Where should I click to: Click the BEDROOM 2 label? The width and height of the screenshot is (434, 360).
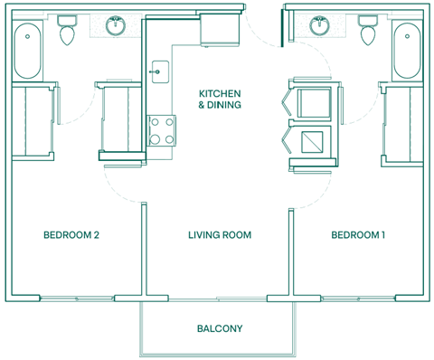[x=71, y=235]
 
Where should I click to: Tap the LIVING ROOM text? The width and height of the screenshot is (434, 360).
[x=219, y=235]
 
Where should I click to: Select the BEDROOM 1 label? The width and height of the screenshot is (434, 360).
[x=358, y=235]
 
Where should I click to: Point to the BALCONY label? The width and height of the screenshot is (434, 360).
[x=220, y=328]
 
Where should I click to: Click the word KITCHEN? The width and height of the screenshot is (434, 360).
[x=220, y=93]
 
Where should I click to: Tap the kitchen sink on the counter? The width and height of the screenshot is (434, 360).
[x=160, y=69]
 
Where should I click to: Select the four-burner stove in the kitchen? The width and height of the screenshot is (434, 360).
[x=161, y=130]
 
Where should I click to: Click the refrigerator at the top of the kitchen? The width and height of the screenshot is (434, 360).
[x=219, y=30]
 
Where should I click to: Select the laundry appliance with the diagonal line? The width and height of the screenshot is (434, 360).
[x=313, y=142]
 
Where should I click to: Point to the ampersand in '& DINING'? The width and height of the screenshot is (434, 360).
[x=202, y=105]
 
